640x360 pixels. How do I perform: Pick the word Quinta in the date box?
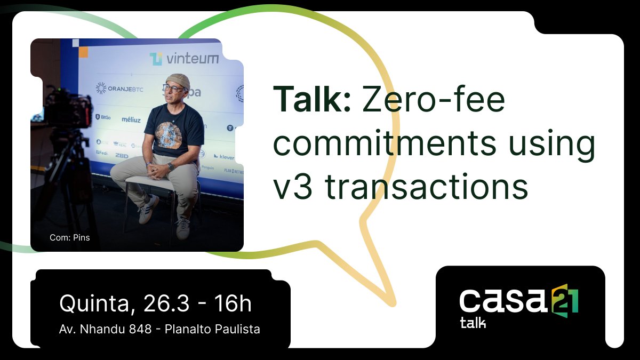[x=94, y=304]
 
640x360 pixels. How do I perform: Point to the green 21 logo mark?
[x=565, y=299]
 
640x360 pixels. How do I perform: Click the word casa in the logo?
[x=503, y=301]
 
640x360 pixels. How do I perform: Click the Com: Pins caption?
[x=69, y=238]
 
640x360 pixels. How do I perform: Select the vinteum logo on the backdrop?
[x=184, y=59]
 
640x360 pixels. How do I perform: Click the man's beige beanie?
[x=178, y=80]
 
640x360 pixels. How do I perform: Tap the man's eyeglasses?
[x=173, y=89]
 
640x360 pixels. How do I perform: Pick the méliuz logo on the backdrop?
[x=131, y=119]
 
